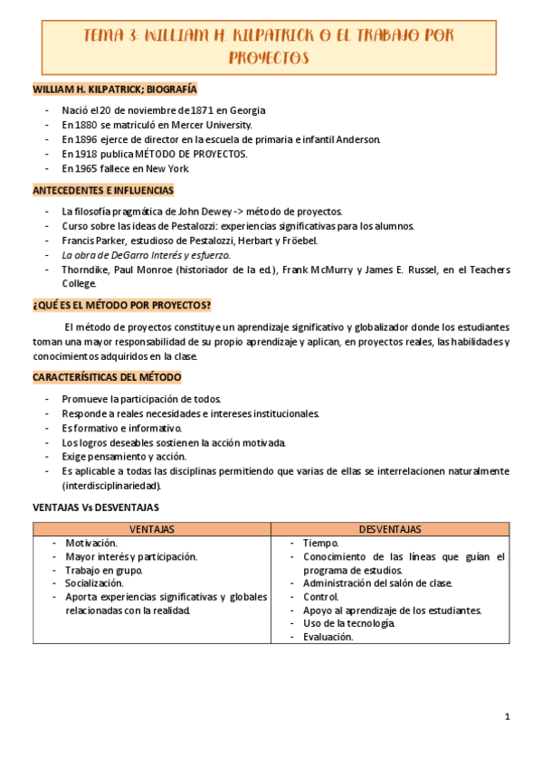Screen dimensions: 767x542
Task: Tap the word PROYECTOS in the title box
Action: tap(269, 59)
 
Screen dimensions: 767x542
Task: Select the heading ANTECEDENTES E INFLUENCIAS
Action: tap(103, 190)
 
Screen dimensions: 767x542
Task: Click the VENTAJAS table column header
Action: tap(152, 529)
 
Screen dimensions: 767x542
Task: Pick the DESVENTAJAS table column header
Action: tap(390, 529)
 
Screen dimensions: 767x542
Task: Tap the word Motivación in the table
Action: tap(90, 543)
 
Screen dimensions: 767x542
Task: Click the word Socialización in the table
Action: tap(95, 583)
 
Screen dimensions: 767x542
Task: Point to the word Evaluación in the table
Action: tap(328, 637)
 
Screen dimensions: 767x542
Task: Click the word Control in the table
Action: tap(321, 596)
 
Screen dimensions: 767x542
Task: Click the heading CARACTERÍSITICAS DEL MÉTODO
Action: tap(107, 376)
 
